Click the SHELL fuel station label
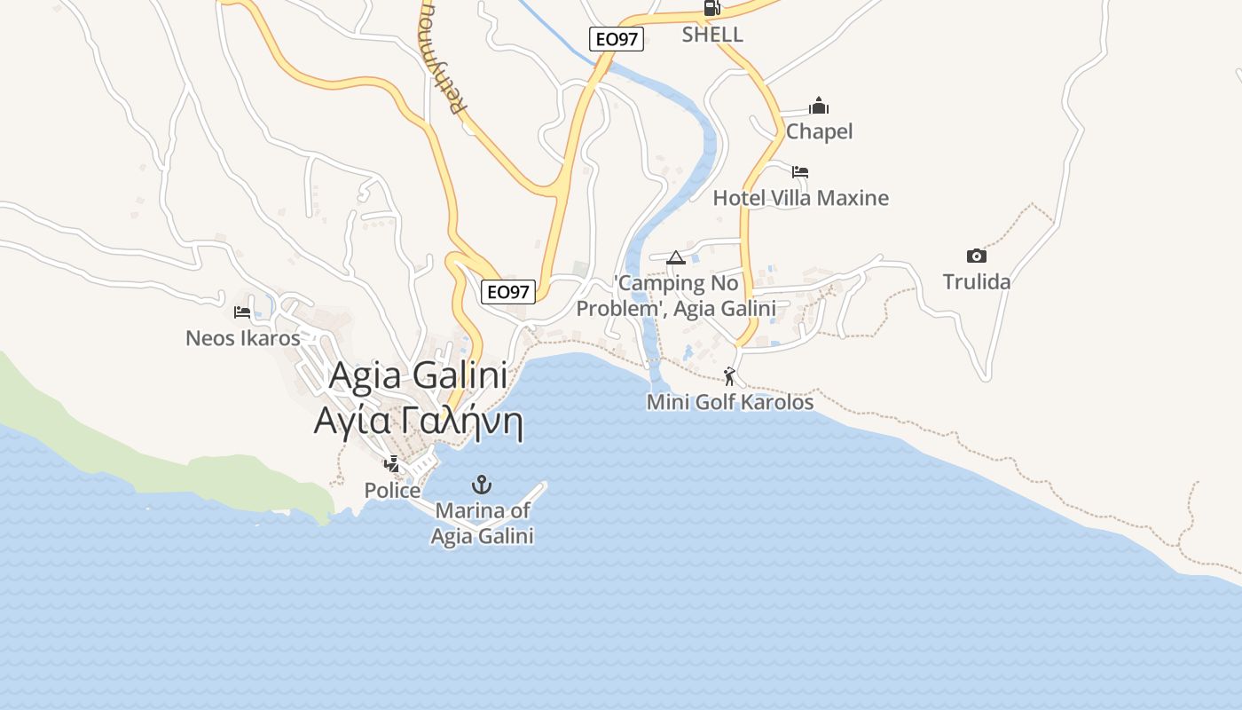tap(712, 35)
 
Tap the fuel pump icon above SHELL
tap(711, 8)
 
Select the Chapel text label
tap(819, 131)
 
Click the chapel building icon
tap(819, 106)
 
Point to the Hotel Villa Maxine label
tap(800, 197)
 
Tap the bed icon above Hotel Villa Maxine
tap(800, 171)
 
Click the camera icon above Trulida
tap(976, 256)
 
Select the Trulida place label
tap(976, 281)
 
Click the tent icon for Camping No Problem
tap(676, 257)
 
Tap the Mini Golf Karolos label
tap(729, 402)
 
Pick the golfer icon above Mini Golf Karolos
tap(729, 376)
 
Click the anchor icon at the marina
tap(482, 484)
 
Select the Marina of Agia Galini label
tap(482, 524)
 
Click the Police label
tap(392, 490)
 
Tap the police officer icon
tap(392, 463)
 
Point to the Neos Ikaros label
tap(242, 338)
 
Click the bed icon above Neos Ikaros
tap(242, 312)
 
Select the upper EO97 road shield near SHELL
tap(616, 39)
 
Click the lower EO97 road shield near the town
tap(508, 291)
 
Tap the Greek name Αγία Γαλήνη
tap(418, 420)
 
